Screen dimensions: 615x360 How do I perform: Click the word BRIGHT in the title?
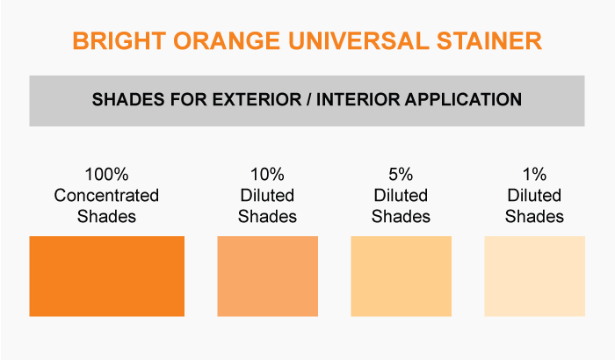click(x=119, y=40)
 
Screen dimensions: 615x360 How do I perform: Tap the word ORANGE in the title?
click(x=227, y=40)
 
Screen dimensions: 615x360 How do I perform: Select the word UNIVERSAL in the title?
click(x=358, y=40)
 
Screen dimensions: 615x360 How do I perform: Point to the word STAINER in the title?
click(x=489, y=40)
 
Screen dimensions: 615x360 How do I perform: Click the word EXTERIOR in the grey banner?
click(x=257, y=99)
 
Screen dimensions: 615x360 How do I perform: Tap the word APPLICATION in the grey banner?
click(x=463, y=99)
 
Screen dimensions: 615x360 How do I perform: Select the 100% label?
click(x=106, y=175)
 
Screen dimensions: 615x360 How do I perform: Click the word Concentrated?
click(x=106, y=195)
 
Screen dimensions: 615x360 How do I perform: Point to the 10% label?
click(x=267, y=175)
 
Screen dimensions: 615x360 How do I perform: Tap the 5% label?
click(x=401, y=175)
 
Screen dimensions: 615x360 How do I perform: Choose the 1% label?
click(x=534, y=175)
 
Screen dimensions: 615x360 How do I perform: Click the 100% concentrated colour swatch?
click(x=106, y=276)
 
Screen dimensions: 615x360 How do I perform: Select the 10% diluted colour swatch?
click(x=267, y=276)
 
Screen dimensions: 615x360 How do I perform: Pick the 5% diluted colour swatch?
click(x=401, y=276)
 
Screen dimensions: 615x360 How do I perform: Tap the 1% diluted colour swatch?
click(x=534, y=276)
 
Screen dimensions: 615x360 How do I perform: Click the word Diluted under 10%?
click(x=267, y=195)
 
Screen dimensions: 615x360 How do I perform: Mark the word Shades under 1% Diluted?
click(x=534, y=217)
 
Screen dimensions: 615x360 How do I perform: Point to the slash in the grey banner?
click(x=309, y=99)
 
